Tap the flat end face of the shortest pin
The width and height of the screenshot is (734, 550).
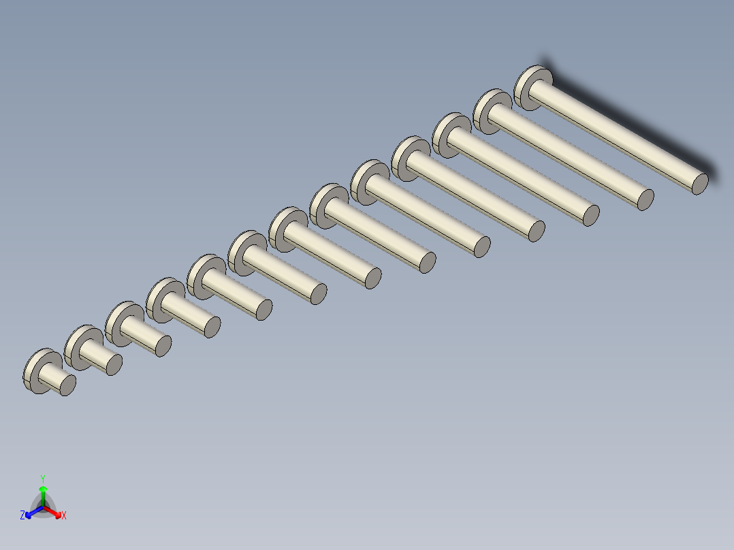pyautogui.click(x=67, y=385)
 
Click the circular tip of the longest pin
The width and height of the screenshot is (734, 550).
pyautogui.click(x=700, y=183)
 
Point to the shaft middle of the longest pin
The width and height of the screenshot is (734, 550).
pyautogui.click(x=616, y=136)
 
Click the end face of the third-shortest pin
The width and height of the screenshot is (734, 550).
pyautogui.click(x=163, y=346)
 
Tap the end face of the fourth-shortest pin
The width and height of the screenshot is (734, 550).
pyautogui.click(x=212, y=327)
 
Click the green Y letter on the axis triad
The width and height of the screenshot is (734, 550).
pyautogui.click(x=42, y=479)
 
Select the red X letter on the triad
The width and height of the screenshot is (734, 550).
pyautogui.click(x=64, y=516)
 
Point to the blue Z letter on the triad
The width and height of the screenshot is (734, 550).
pyautogui.click(x=22, y=516)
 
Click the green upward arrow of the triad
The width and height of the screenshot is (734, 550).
pyautogui.click(x=43, y=491)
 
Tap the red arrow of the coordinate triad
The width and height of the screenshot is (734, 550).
pyautogui.click(x=56, y=513)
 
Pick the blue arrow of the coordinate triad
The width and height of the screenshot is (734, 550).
pyautogui.click(x=31, y=513)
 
